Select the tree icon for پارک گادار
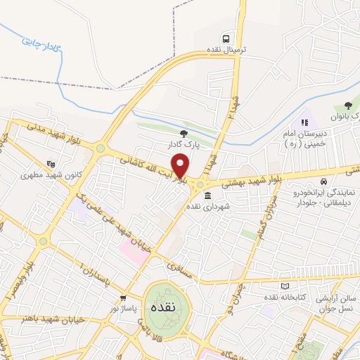tap(184, 133)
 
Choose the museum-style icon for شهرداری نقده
tap(199, 195)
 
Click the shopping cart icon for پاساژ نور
tap(124, 297)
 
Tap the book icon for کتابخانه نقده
tap(285, 286)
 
